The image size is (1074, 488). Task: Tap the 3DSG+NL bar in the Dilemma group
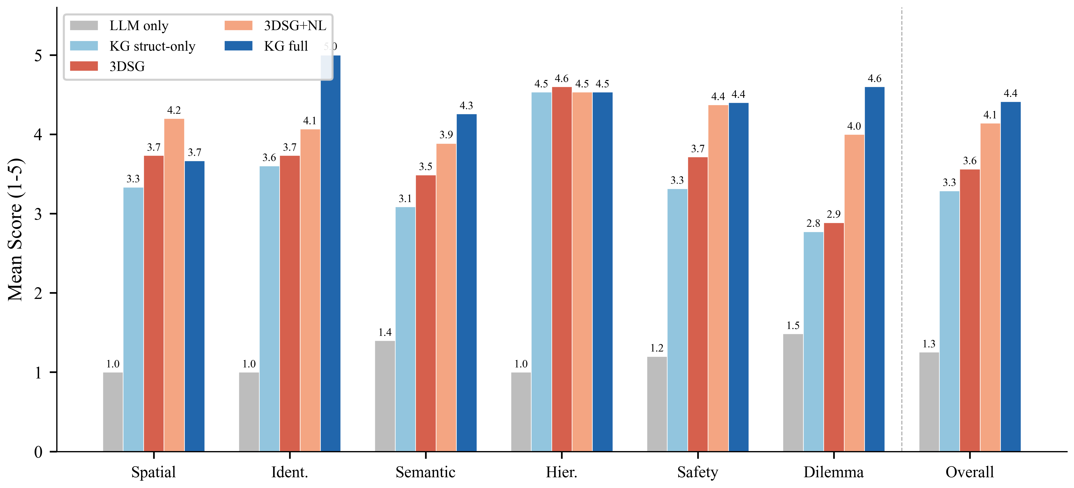(854, 293)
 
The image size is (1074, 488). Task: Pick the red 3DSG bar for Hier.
(562, 269)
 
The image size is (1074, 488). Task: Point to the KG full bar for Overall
(1011, 276)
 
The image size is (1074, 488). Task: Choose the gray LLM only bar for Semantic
(385, 396)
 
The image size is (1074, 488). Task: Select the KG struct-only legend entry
(133, 46)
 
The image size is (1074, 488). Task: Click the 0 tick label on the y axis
(38, 452)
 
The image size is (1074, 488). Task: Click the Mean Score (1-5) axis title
(16, 229)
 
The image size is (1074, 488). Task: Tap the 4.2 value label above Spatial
(174, 110)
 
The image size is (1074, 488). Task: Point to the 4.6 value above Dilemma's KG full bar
(875, 79)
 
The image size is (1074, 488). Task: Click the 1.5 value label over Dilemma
(793, 325)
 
